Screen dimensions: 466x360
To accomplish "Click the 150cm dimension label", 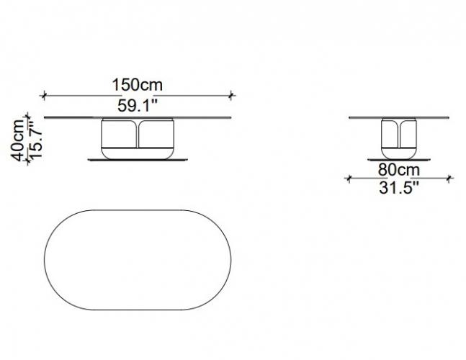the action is coord(138,85).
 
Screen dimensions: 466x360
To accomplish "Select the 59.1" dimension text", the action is coord(138,105).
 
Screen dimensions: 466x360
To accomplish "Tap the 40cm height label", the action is coord(19,140).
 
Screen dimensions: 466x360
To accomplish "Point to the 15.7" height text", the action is coord(36,139).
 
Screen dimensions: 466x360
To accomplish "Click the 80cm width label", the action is coord(399,170).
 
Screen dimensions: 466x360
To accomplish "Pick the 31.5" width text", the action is coord(399,188).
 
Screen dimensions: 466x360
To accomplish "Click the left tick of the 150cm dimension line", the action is coord(44,96).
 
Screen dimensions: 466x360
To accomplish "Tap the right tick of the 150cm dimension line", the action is coord(231,96).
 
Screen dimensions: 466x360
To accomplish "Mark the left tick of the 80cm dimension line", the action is coord(349,179).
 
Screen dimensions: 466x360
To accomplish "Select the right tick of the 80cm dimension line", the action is coord(449,179).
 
